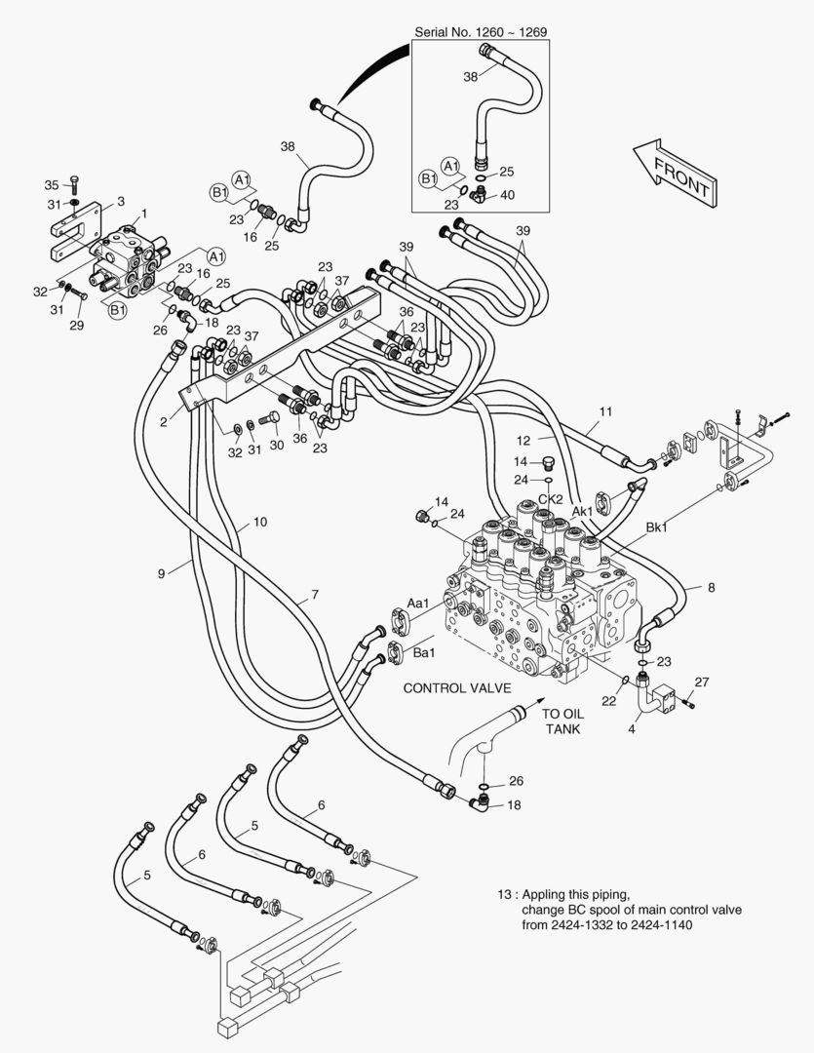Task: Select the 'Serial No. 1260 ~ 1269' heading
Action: pyautogui.click(x=481, y=32)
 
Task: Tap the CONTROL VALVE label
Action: pyautogui.click(x=457, y=687)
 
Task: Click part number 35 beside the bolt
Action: pyautogui.click(x=52, y=183)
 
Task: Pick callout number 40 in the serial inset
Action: pyautogui.click(x=506, y=195)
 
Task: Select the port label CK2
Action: pyautogui.click(x=551, y=499)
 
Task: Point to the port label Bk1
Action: pyautogui.click(x=656, y=526)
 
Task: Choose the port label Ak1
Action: pyautogui.click(x=582, y=510)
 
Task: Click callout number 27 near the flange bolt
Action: pyautogui.click(x=701, y=681)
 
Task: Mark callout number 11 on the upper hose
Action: pyautogui.click(x=605, y=411)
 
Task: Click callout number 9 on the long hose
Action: pyautogui.click(x=161, y=573)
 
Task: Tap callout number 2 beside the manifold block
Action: pyautogui.click(x=164, y=421)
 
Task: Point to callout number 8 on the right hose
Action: pyautogui.click(x=711, y=587)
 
